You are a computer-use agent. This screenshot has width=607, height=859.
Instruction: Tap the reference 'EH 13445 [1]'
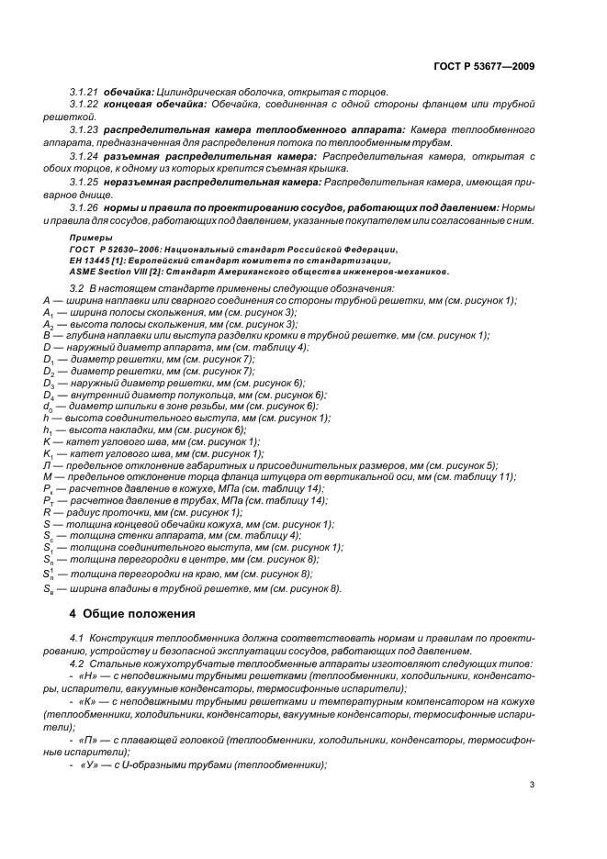(x=96, y=261)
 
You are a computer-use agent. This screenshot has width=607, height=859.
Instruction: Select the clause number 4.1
(x=78, y=637)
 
